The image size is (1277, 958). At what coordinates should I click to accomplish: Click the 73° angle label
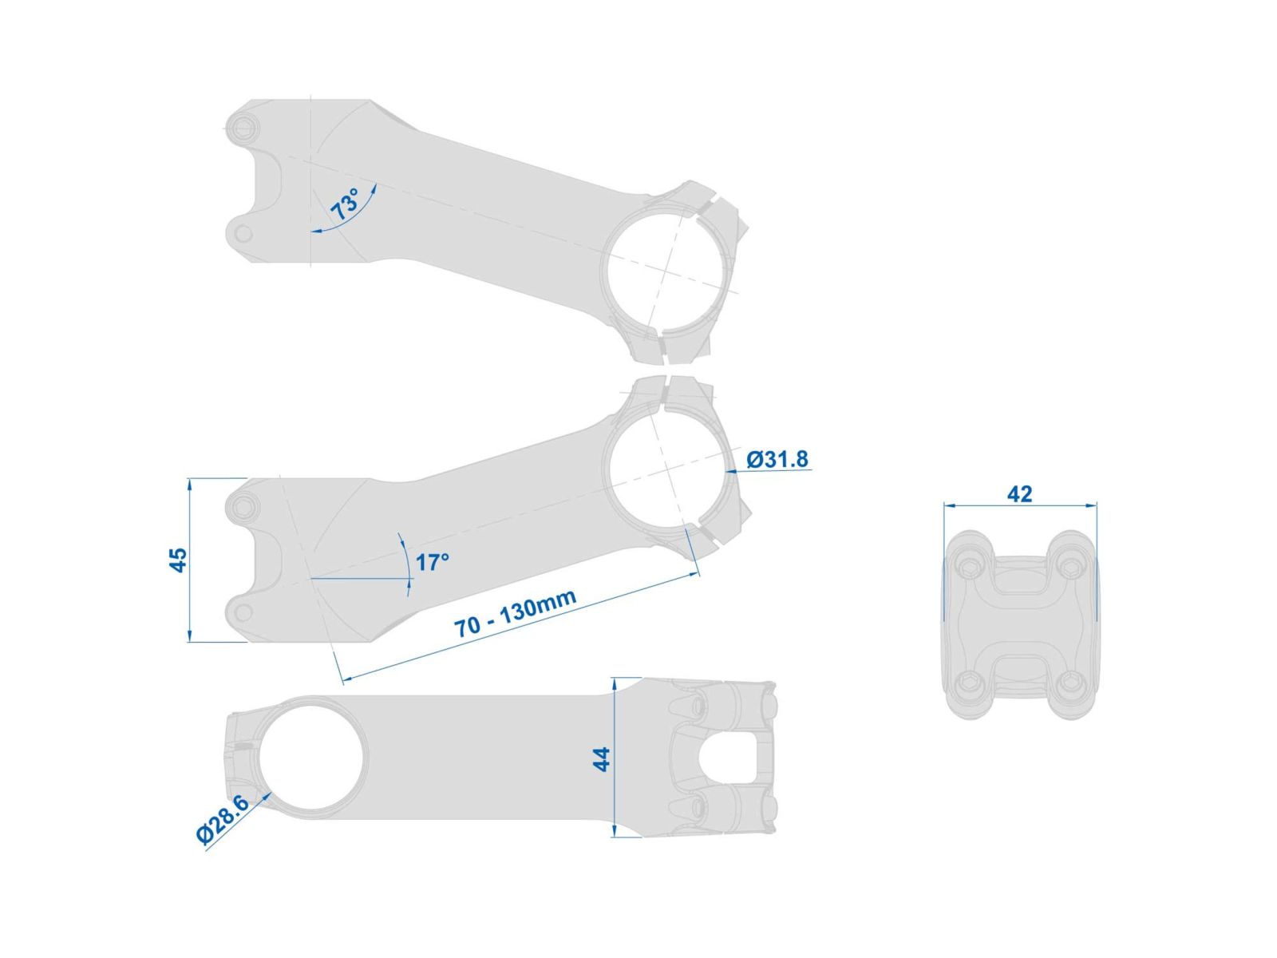(x=345, y=204)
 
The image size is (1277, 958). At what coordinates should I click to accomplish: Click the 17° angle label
(x=432, y=563)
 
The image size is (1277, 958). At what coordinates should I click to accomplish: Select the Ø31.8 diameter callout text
(x=777, y=460)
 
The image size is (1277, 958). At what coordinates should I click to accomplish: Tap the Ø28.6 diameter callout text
(x=223, y=819)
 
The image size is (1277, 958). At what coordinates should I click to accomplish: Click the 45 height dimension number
(x=179, y=560)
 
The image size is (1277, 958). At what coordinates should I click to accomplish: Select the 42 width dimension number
(x=1019, y=494)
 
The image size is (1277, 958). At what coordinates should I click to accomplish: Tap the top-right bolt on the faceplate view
(x=1069, y=564)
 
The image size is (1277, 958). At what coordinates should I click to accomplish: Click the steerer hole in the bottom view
(x=311, y=758)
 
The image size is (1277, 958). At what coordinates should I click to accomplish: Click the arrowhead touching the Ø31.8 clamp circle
(x=732, y=473)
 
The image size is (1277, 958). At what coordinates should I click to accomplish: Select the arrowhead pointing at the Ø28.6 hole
(x=267, y=797)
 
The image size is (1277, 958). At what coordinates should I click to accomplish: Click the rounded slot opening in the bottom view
(x=728, y=758)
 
